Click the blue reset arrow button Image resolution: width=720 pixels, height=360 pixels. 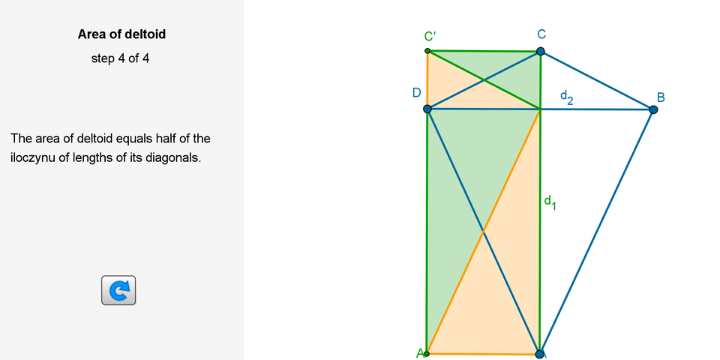click(x=118, y=290)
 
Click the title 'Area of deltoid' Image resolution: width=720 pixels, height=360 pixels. click(x=121, y=34)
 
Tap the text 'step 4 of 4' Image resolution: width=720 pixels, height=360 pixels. click(x=120, y=58)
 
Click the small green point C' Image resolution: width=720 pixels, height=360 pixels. click(x=427, y=50)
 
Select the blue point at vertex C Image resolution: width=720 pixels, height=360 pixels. click(x=541, y=51)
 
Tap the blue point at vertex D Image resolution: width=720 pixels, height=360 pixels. click(x=427, y=109)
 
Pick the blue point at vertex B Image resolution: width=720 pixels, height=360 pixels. click(x=653, y=109)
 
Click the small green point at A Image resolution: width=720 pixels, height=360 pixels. click(x=427, y=353)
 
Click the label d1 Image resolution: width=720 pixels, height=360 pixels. click(x=550, y=202)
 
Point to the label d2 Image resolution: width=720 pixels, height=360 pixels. click(x=567, y=97)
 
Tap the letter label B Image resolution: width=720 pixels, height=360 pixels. click(x=661, y=97)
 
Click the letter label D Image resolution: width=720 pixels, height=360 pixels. click(x=416, y=93)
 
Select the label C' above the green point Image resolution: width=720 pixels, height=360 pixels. click(x=430, y=37)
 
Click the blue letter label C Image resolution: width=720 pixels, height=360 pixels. click(x=541, y=34)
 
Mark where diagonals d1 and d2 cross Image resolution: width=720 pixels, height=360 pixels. click(x=540, y=109)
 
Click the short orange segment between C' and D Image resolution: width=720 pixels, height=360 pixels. click(x=427, y=80)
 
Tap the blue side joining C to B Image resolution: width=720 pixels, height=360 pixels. click(x=597, y=80)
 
